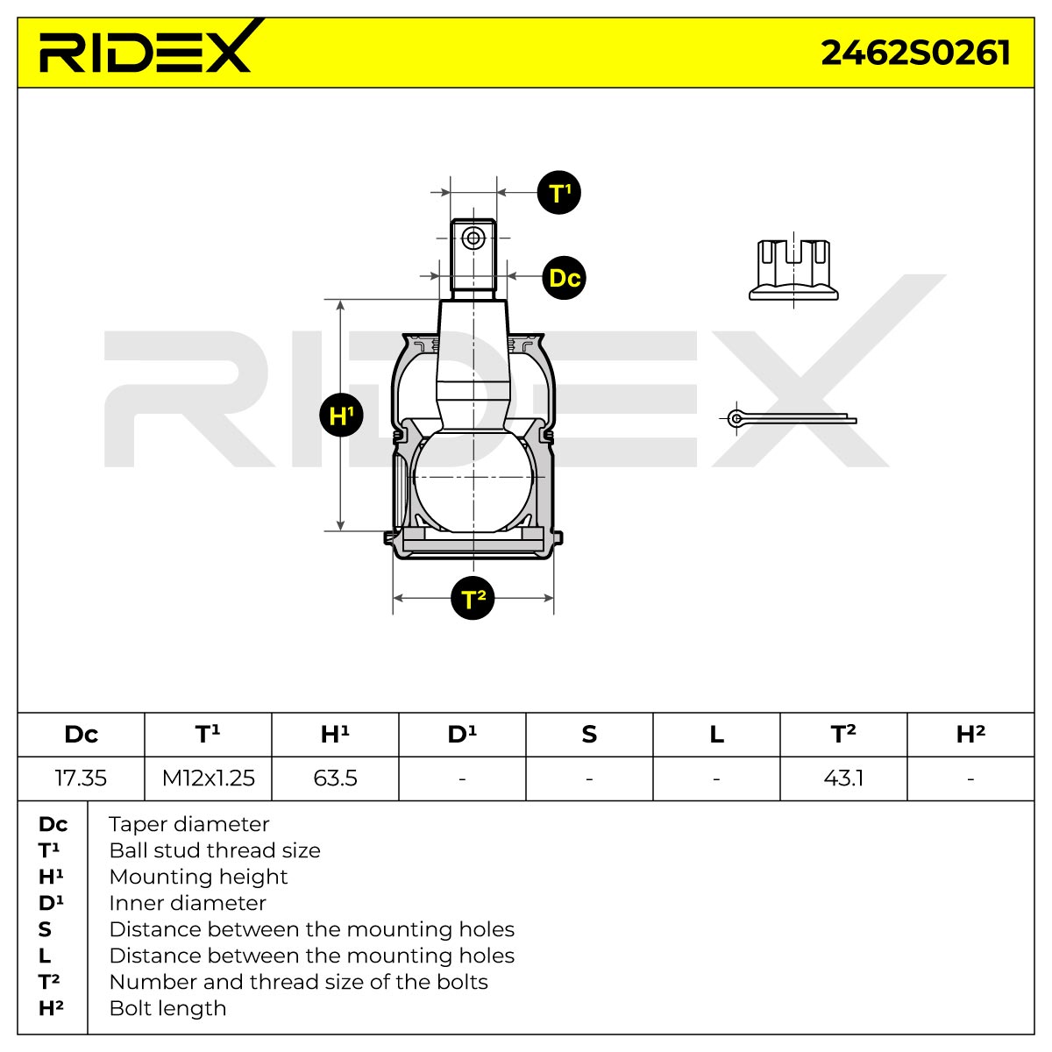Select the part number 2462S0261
pyautogui.click(x=915, y=53)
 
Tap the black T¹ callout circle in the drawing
pyautogui.click(x=558, y=193)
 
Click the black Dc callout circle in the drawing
pyautogui.click(x=564, y=278)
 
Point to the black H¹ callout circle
pyautogui.click(x=341, y=415)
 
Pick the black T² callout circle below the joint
pyautogui.click(x=473, y=598)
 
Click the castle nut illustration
pyautogui.click(x=793, y=270)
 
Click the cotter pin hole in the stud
pyautogui.click(x=473, y=238)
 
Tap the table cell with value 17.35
pyautogui.click(x=81, y=778)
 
